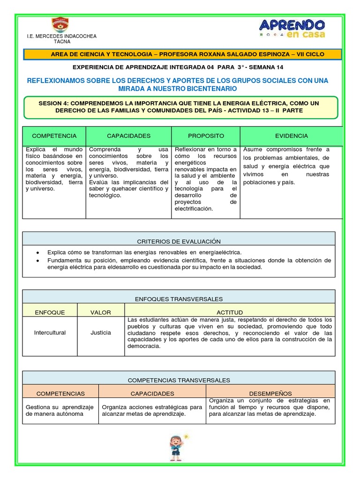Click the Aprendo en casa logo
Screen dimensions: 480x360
click(x=292, y=28)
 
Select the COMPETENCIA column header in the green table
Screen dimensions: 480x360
click(x=54, y=136)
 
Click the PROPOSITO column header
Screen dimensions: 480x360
click(x=206, y=136)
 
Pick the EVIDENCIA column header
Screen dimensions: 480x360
click(x=291, y=136)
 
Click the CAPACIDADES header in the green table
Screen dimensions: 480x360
click(x=128, y=136)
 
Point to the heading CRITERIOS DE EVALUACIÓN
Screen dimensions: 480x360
click(x=179, y=241)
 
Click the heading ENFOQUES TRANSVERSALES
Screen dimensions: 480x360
click(x=179, y=299)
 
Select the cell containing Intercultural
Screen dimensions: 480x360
click(x=50, y=333)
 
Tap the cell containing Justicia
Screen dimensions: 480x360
click(x=101, y=333)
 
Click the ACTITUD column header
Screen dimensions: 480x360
click(x=230, y=313)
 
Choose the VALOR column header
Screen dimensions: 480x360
click(x=101, y=313)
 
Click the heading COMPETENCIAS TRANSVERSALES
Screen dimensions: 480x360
click(x=179, y=381)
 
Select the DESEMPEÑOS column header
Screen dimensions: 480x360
click(x=270, y=394)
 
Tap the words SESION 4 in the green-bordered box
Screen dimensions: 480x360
click(x=54, y=103)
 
